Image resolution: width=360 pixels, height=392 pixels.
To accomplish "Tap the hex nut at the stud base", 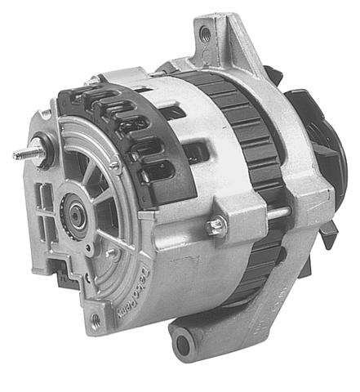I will click(x=38, y=150).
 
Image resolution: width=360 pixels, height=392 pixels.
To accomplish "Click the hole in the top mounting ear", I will click(x=205, y=34).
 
